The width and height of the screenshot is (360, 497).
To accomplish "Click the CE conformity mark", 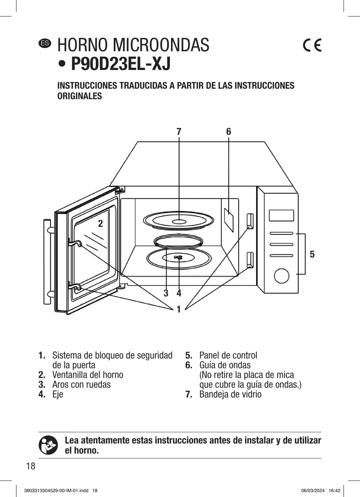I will (312, 45).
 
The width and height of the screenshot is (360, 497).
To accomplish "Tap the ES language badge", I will (45, 43).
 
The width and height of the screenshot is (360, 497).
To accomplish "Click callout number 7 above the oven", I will (179, 131).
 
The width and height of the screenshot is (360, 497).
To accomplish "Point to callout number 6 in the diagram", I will (229, 131).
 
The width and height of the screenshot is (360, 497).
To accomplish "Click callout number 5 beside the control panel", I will (312, 254).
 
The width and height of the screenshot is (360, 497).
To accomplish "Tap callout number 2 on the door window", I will (100, 224).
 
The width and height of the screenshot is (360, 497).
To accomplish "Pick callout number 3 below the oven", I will (166, 293).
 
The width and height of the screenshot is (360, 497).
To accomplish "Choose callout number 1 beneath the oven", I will (179, 310).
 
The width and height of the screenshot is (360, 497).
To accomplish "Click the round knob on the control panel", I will (281, 275).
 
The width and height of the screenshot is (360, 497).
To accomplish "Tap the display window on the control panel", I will (281, 216).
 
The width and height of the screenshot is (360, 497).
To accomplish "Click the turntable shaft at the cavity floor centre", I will (179, 257).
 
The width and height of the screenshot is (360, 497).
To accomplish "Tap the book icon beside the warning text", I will (48, 445).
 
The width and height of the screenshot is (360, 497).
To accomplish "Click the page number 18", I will (31, 466).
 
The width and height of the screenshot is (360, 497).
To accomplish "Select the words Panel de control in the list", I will (228, 355).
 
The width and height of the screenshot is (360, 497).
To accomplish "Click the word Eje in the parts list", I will (58, 394).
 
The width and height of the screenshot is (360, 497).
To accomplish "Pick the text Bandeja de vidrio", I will (230, 394).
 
